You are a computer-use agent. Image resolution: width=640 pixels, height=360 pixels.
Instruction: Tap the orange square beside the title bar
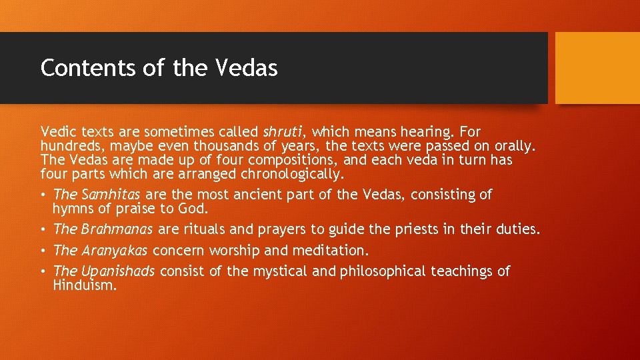click(x=597, y=68)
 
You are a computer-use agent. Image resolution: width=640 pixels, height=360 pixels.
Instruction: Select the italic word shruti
click(x=285, y=132)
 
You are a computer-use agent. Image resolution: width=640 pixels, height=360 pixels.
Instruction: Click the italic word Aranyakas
click(x=116, y=251)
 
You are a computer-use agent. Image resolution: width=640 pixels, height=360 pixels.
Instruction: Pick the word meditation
click(x=329, y=251)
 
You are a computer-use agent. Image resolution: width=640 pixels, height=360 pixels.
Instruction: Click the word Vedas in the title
click(x=247, y=68)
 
